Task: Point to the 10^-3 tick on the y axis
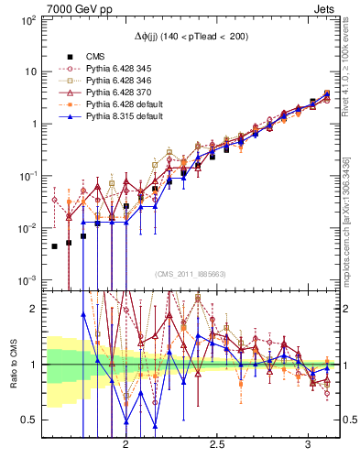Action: (x=27, y=279)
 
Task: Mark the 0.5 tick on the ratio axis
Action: (x=29, y=420)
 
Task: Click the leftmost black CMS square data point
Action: (x=54, y=245)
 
